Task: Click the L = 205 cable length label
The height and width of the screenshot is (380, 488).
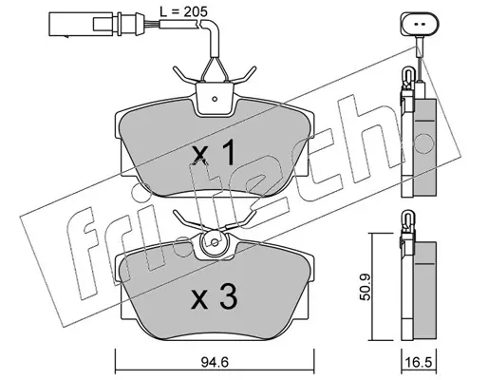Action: click(183, 11)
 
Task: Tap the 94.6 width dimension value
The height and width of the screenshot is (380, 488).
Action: click(215, 362)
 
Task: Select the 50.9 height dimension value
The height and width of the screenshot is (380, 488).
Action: click(366, 287)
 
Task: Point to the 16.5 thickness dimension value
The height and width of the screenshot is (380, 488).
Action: click(419, 363)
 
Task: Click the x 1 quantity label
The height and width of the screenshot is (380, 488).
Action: click(214, 154)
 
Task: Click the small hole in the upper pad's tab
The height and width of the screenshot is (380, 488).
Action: click(215, 99)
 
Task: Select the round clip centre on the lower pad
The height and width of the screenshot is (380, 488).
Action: click(215, 243)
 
